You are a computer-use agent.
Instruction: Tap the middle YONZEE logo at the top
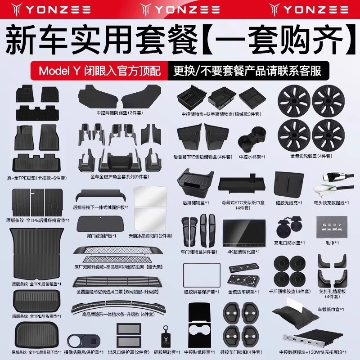180,9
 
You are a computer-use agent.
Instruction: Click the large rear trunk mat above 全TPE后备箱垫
34,254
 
